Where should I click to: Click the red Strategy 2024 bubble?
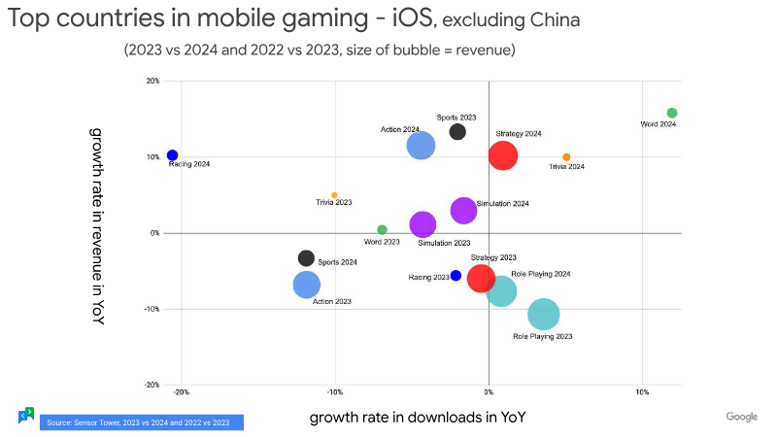point(502,155)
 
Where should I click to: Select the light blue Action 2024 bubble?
point(421,146)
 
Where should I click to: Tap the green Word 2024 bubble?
point(672,113)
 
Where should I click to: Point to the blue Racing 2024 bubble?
point(172,155)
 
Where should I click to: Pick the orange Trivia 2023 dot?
point(334,195)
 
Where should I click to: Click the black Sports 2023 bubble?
point(457,131)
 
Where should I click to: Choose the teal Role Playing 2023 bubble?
point(543,315)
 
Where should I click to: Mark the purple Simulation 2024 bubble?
point(463,211)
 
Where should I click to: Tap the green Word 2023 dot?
point(382,230)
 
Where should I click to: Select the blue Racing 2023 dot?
point(456,276)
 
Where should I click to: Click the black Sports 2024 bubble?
point(306,258)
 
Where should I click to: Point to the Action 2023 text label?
point(331,302)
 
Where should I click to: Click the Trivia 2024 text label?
point(566,167)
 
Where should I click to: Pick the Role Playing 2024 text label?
point(541,274)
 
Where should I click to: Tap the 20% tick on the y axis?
point(153,82)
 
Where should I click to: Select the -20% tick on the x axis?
point(181,393)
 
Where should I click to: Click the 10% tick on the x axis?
point(641,393)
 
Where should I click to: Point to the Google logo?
point(742,417)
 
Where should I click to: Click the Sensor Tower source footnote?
point(141,422)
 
